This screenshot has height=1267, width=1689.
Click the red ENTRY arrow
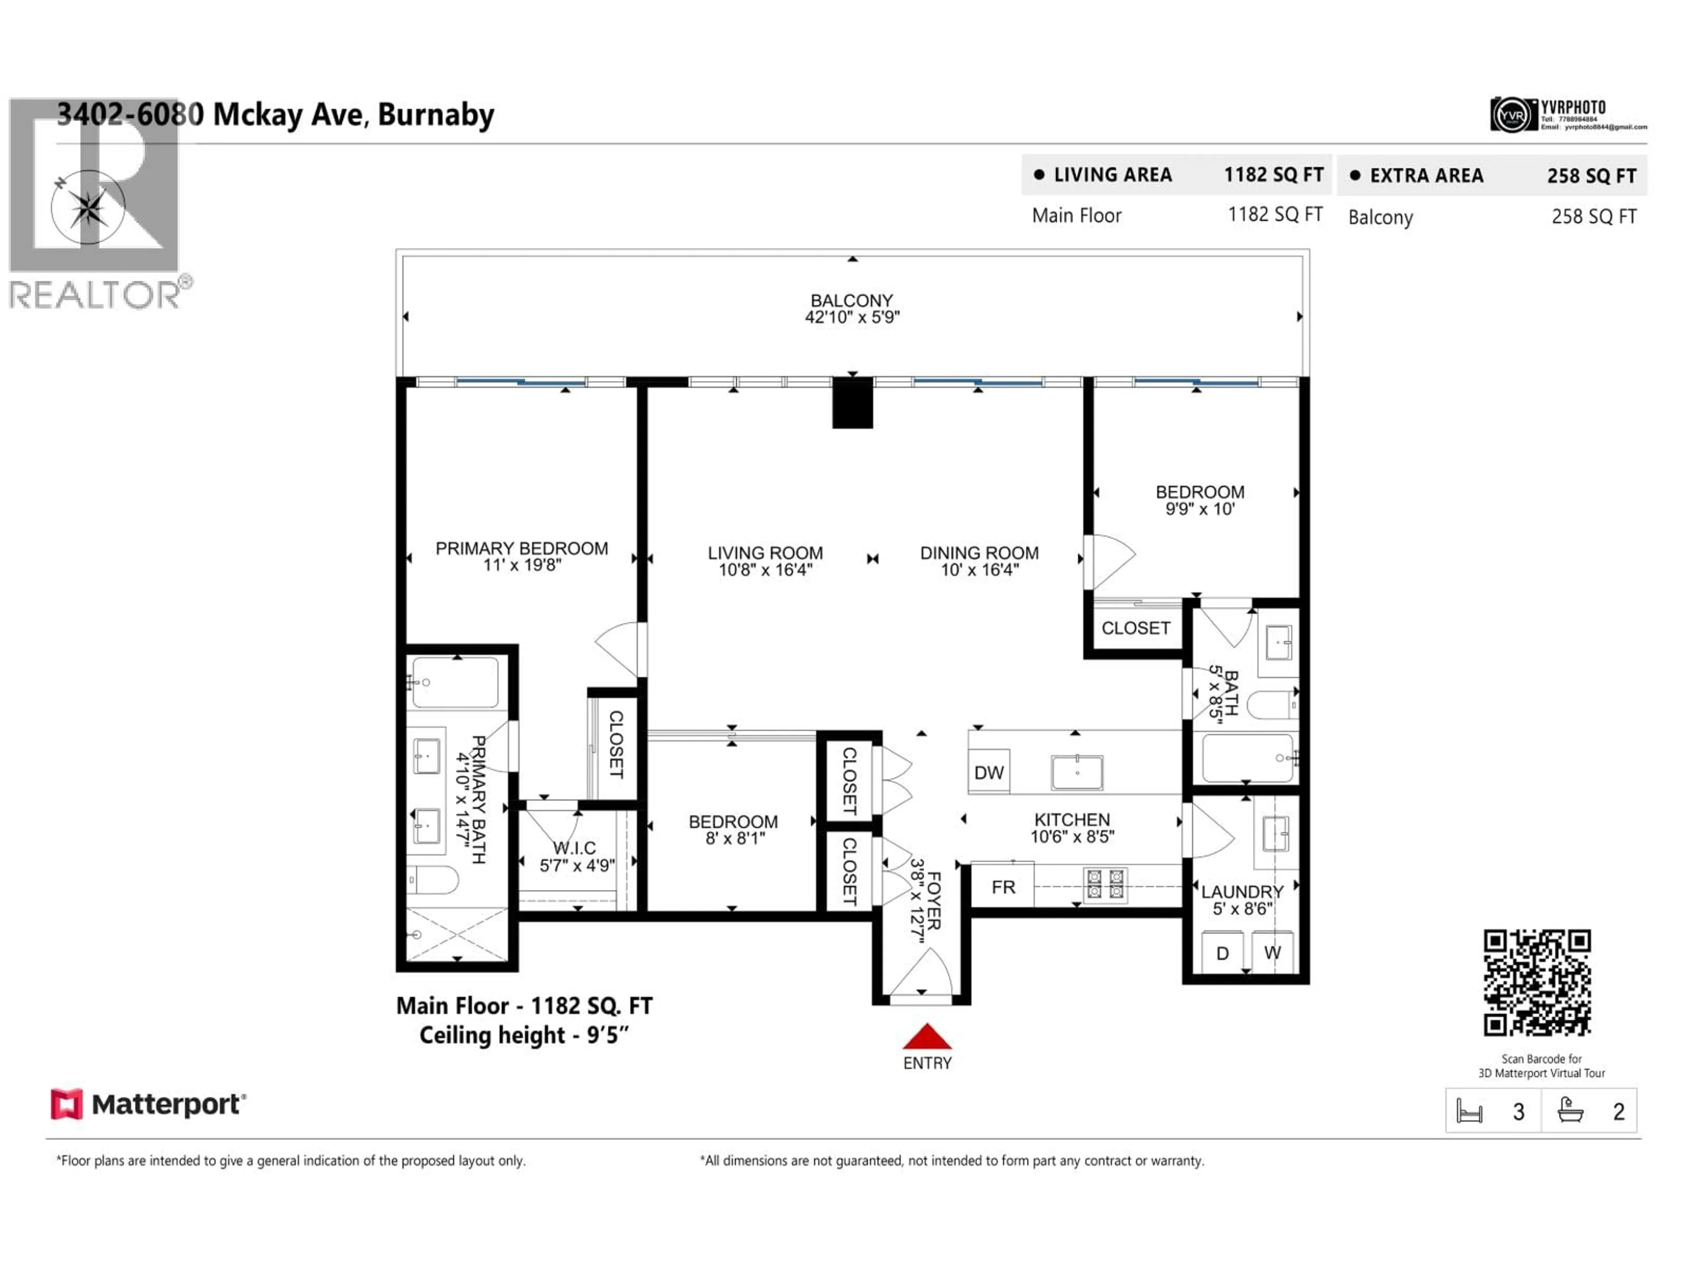click(927, 1036)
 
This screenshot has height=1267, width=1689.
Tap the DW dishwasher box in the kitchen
click(989, 772)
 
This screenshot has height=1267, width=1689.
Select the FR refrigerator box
click(1002, 886)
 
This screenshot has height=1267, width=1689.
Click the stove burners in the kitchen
click(1105, 884)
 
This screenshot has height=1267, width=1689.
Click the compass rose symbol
click(88, 207)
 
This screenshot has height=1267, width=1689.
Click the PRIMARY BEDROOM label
click(522, 548)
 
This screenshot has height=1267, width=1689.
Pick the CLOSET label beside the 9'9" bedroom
click(1135, 628)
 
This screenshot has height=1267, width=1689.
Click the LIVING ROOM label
click(765, 553)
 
